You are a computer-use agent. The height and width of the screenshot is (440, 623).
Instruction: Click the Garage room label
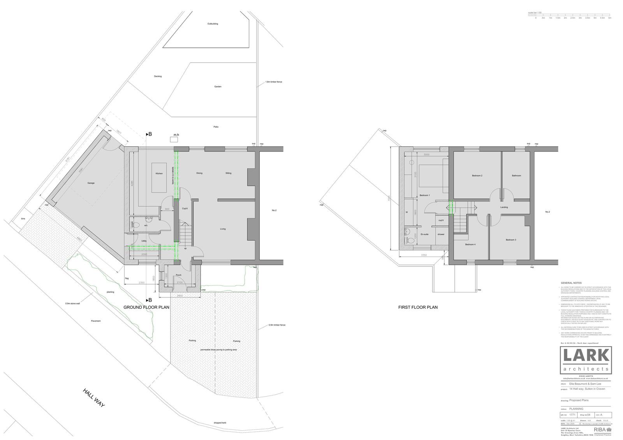point(91,183)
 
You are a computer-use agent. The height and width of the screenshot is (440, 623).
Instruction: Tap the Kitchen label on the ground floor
point(159,173)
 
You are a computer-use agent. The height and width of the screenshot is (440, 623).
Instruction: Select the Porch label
point(179,275)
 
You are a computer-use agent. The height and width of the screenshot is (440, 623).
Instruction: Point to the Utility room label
point(144,241)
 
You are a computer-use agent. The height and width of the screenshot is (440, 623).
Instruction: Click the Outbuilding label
point(213,24)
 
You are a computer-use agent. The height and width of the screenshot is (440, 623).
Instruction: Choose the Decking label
point(158,76)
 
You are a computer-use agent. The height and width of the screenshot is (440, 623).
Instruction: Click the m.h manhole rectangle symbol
point(174,139)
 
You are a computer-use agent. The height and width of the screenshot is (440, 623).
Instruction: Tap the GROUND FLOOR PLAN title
point(146,307)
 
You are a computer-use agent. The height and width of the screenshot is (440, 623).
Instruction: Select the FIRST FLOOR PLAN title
point(418,307)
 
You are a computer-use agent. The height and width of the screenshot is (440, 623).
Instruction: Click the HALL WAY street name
point(94,398)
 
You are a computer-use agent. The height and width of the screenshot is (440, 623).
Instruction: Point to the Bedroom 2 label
point(477,176)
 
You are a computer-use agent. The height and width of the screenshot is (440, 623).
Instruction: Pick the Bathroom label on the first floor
point(516,176)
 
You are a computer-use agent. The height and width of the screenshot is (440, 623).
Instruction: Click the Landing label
point(504,207)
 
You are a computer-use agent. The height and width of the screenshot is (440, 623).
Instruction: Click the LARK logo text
point(586,356)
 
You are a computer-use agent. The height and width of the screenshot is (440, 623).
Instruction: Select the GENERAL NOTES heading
point(571,283)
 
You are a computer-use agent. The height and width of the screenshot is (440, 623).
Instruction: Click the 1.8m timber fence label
point(273,82)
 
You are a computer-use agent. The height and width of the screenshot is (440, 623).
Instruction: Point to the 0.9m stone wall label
point(72,303)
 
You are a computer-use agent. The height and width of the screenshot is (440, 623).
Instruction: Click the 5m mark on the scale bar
point(610,18)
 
